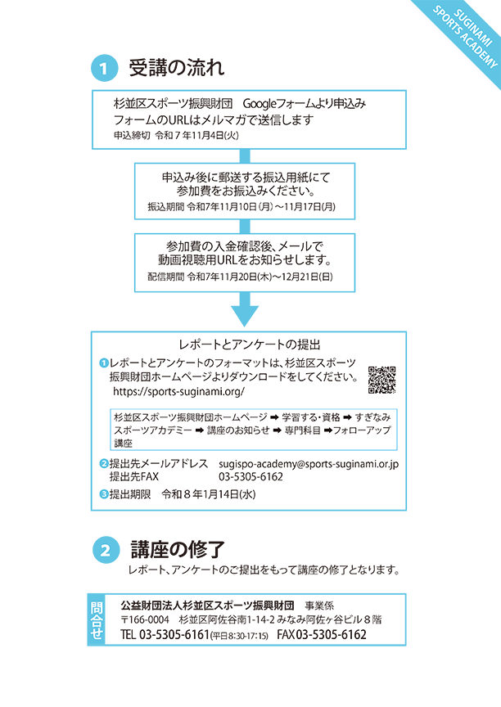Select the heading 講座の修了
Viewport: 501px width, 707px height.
point(177,550)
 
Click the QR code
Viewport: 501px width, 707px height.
point(381,379)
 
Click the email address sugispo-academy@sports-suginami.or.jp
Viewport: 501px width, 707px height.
point(308,464)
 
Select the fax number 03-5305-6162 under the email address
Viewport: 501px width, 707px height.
point(250,476)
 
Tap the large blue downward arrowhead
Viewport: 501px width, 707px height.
point(245,314)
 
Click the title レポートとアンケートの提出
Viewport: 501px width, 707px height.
point(248,344)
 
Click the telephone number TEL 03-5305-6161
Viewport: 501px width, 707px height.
point(165,635)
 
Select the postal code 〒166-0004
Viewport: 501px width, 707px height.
point(145,620)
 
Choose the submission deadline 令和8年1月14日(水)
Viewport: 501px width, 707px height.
point(210,494)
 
